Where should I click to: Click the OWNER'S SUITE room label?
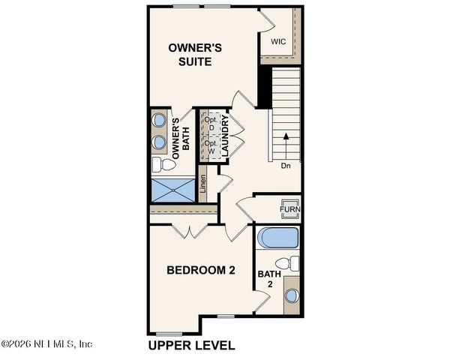click(x=194, y=54)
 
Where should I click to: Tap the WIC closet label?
click(x=279, y=42)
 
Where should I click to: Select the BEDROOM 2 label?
click(x=201, y=270)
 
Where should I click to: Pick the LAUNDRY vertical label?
click(x=224, y=136)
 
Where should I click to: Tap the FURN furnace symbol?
click(x=290, y=207)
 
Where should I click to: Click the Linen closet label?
click(x=203, y=187)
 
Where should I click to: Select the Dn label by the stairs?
click(x=285, y=165)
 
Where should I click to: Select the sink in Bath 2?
click(x=291, y=295)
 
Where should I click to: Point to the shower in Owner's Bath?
click(x=173, y=189)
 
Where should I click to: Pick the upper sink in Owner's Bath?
click(x=159, y=119)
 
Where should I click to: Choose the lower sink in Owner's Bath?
click(x=159, y=141)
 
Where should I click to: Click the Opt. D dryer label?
click(x=211, y=124)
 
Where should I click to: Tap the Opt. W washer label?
click(x=211, y=147)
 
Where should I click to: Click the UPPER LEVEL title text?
click(x=191, y=346)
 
